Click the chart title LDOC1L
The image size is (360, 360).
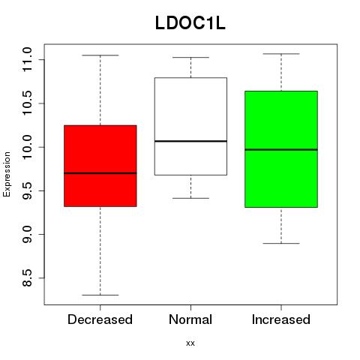[190, 23]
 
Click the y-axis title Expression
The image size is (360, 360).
[7, 174]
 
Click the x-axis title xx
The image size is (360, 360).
[190, 343]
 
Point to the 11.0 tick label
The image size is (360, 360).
[27, 59]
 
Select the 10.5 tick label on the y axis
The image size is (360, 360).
[27, 103]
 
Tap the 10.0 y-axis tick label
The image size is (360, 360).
[27, 147]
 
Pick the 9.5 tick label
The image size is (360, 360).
[27, 190]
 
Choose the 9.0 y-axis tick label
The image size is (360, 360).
[27, 234]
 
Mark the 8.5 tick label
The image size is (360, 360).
[27, 277]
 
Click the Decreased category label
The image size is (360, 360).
[100, 319]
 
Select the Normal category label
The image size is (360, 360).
[190, 319]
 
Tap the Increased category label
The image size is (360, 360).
[281, 319]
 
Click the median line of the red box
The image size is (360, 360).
[100, 173]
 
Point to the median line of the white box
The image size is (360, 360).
[190, 141]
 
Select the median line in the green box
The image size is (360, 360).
[281, 149]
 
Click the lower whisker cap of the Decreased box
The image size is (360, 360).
[100, 295]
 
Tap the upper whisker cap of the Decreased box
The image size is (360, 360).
[100, 55]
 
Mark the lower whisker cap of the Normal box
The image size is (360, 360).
[190, 198]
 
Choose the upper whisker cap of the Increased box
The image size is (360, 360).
[281, 54]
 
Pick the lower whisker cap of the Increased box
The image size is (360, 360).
[281, 243]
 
